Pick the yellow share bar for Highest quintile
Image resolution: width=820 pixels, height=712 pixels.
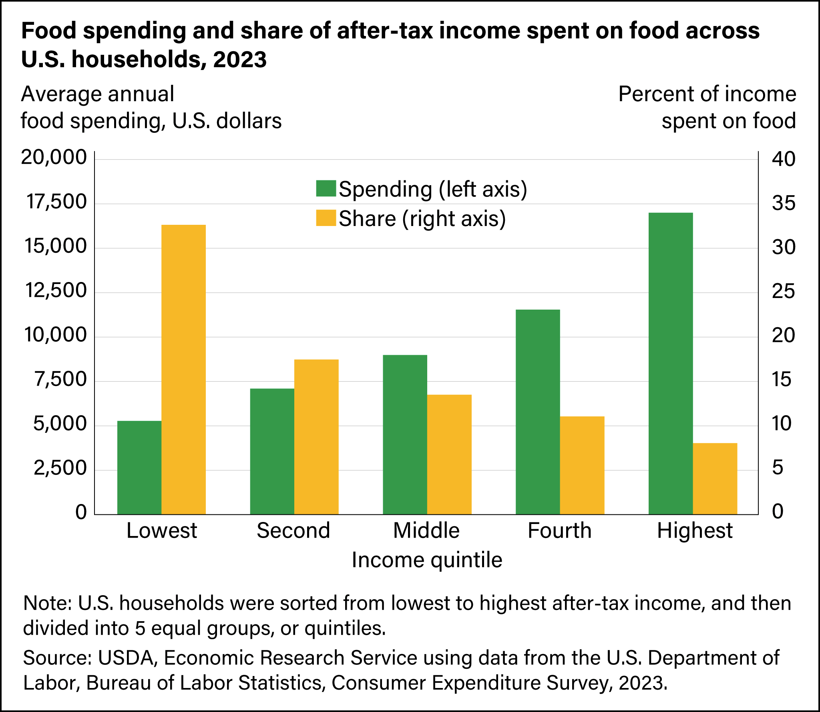715,478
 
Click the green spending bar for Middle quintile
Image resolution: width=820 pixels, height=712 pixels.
405,434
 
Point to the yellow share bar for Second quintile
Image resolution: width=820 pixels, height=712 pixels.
316,437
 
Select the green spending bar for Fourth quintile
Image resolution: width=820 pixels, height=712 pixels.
538,412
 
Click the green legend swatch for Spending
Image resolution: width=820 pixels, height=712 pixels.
326,188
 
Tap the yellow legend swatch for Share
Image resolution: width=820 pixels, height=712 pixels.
326,218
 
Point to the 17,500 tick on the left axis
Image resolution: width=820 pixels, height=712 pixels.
56,202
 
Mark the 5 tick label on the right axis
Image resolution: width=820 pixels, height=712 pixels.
778,468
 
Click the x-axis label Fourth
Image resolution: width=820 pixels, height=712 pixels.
559,531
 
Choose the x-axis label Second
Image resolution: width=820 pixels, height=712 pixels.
293,531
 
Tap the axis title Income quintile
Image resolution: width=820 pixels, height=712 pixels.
427,560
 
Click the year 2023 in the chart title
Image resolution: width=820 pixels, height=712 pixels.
239,60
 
